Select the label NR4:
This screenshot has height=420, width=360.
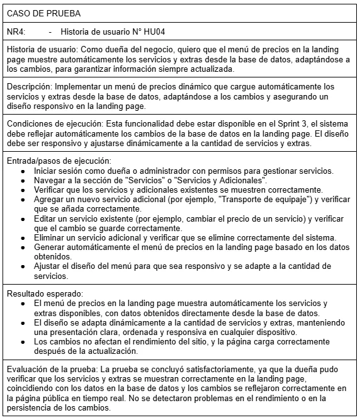point(16,31)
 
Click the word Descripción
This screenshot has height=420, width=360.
point(29,86)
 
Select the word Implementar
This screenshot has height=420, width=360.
point(77,86)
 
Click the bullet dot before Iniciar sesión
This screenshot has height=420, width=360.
point(23,171)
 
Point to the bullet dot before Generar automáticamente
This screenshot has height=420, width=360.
point(23,247)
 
